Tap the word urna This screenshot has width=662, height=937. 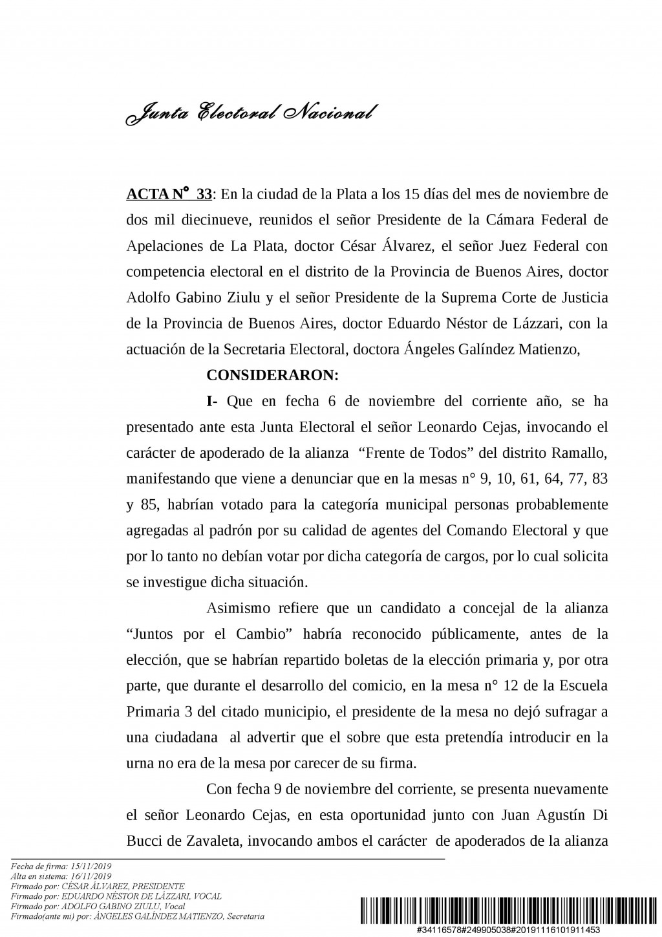(x=139, y=763)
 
